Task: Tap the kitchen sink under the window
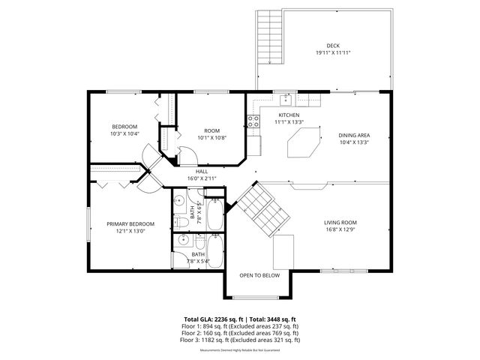pos(286,99)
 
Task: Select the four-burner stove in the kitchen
pos(253,120)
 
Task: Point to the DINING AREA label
pos(354,136)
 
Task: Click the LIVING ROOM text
pos(340,223)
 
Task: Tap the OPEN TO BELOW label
pos(259,275)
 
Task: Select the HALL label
pos(202,171)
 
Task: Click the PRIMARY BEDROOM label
pos(130,223)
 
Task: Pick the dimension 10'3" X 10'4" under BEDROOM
pos(124,133)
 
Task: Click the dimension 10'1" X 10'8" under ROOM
pos(211,137)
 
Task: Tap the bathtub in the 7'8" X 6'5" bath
pos(213,214)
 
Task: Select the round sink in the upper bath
pos(181,201)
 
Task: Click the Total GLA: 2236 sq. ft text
pos(211,319)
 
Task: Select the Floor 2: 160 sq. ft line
pos(240,333)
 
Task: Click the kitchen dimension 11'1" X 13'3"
pos(289,121)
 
